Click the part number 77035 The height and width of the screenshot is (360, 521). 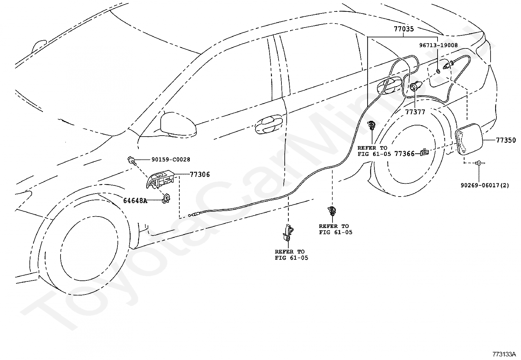pos(404,29)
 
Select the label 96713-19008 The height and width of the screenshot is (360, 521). pos(439,45)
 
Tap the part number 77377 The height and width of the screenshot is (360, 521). pos(415,112)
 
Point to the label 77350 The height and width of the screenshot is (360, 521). pos(506,140)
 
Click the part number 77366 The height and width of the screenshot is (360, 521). pos(404,154)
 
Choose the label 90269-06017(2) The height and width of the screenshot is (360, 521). pos(485,185)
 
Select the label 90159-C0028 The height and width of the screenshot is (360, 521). pos(171,160)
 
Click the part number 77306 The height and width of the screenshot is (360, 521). pos(200,174)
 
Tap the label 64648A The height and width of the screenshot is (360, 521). pos(135,200)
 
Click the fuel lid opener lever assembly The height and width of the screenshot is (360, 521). pos(160,179)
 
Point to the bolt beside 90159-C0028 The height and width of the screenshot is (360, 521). pos(132,161)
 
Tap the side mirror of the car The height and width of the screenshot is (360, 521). pos(178,124)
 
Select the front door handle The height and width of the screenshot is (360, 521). pos(269,124)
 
